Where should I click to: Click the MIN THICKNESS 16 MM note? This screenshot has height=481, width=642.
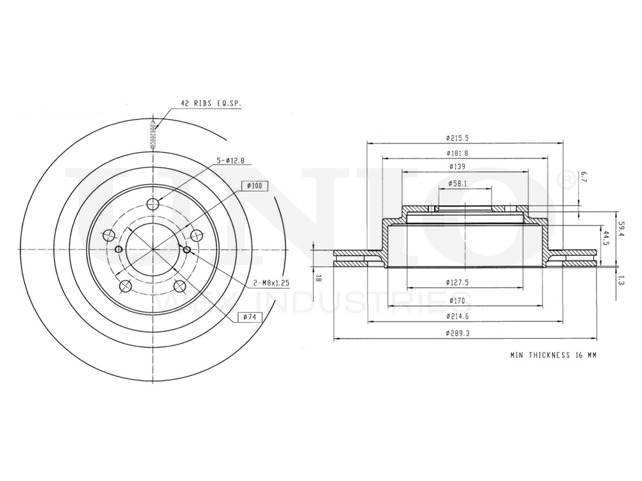point(553,355)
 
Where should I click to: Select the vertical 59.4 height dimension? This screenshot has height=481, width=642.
point(620,228)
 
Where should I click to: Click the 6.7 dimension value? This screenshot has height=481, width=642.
point(583,176)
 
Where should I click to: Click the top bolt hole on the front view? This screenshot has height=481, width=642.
point(153,204)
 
